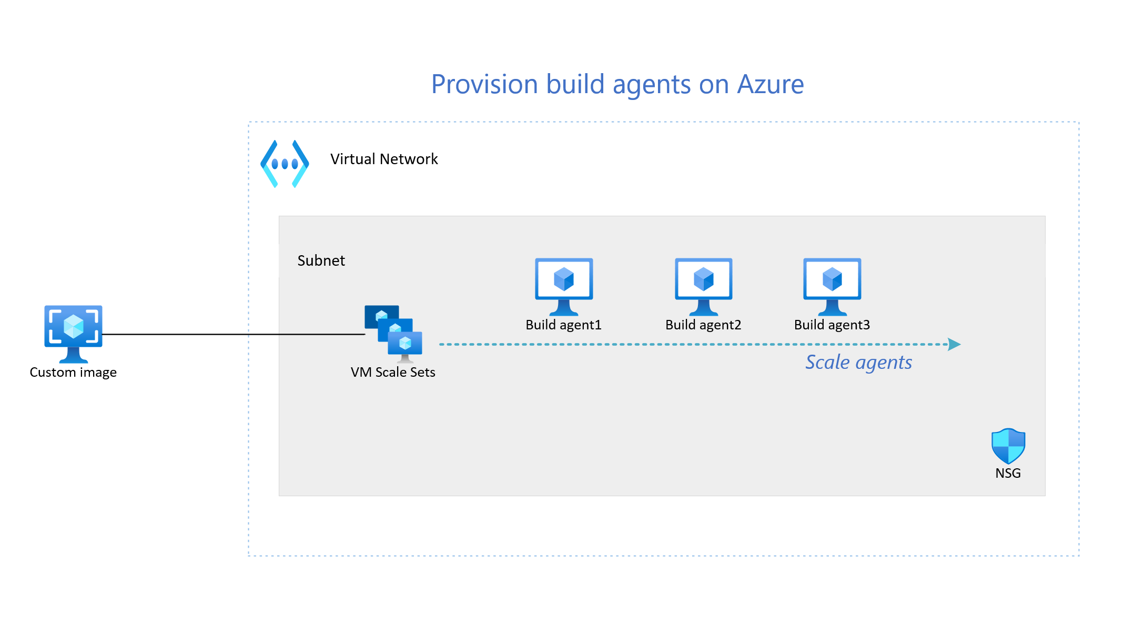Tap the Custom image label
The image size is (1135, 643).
pyautogui.click(x=73, y=373)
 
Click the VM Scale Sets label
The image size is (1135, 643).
pyautogui.click(x=393, y=373)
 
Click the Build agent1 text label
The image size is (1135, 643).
pyautogui.click(x=563, y=325)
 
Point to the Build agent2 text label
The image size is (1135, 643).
pyautogui.click(x=703, y=325)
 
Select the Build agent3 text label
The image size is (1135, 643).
pyautogui.click(x=832, y=325)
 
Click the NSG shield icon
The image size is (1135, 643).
pyautogui.click(x=1008, y=446)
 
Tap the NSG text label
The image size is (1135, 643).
pyautogui.click(x=1008, y=474)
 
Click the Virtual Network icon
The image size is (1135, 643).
pyautogui.click(x=285, y=164)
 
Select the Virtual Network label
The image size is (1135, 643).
pyautogui.click(x=384, y=159)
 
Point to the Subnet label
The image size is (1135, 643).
pyautogui.click(x=321, y=261)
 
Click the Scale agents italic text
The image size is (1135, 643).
pyautogui.click(x=859, y=363)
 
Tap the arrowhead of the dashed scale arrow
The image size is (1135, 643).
pyautogui.click(x=955, y=345)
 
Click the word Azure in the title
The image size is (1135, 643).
pyautogui.click(x=771, y=84)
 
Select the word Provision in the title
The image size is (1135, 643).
pyautogui.click(x=484, y=84)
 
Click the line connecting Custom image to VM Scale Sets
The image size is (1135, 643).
pyautogui.click(x=231, y=334)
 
